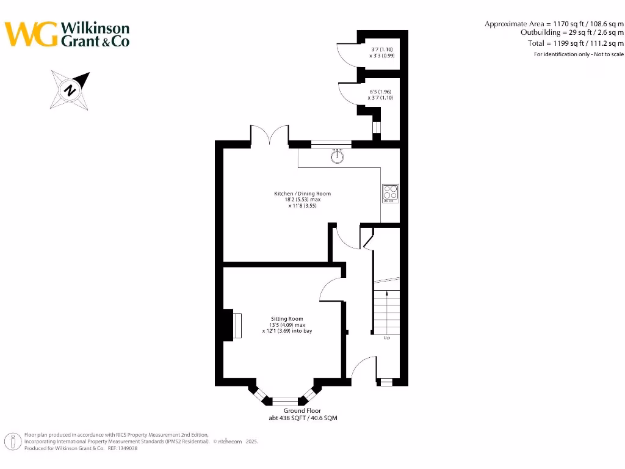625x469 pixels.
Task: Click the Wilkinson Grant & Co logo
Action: click(67, 34)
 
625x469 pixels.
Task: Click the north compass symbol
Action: click(71, 90)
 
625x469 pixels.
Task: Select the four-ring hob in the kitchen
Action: click(390, 194)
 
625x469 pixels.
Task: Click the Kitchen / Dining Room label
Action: click(302, 200)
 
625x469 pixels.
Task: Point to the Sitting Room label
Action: click(287, 325)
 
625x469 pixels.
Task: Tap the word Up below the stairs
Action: click(386, 338)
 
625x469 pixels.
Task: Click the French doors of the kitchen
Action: click(269, 134)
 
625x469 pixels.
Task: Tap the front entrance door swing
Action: click(364, 368)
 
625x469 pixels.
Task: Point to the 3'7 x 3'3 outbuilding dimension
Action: click(382, 53)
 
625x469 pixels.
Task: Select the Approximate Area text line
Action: click(554, 24)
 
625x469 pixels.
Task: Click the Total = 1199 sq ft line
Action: click(576, 43)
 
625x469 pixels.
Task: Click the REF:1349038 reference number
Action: click(123, 448)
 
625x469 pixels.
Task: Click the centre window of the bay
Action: click(284, 401)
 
